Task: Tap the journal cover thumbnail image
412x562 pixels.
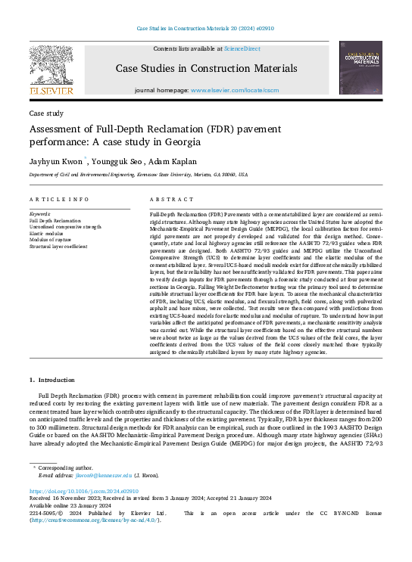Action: pyautogui.click(x=360, y=69)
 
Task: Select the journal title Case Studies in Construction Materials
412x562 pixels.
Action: pyautogui.click(x=206, y=69)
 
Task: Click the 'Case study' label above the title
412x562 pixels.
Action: pyautogui.click(x=45, y=113)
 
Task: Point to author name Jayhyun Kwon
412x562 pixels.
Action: pyautogui.click(x=56, y=161)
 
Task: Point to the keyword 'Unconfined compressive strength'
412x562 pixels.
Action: pyautogui.click(x=66, y=226)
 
